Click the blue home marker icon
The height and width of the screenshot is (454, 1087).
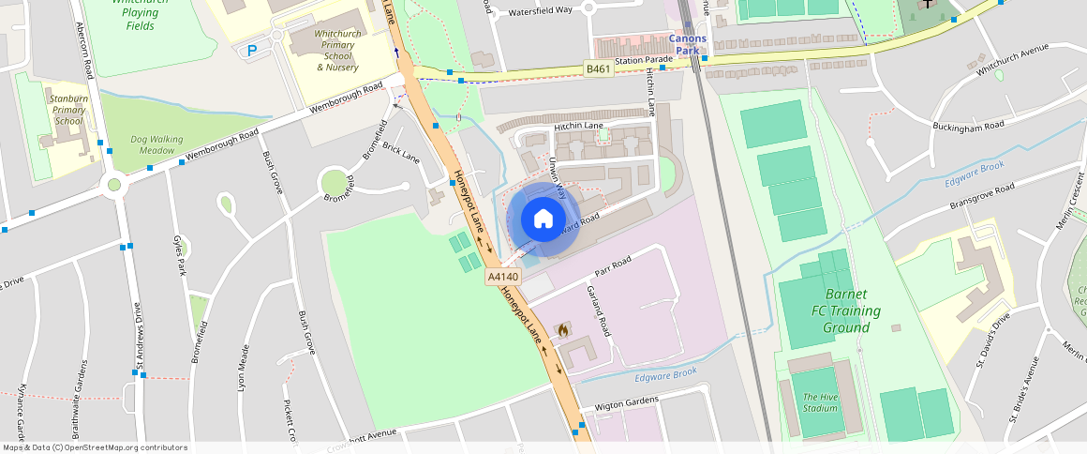(543, 219)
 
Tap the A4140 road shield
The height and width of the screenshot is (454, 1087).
(503, 277)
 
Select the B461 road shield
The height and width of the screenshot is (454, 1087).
(598, 69)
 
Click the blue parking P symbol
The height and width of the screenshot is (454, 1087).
(251, 51)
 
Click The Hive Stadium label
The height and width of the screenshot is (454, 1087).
(820, 402)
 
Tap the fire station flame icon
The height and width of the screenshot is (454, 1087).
(562, 330)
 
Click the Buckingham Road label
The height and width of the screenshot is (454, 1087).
(968, 125)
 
